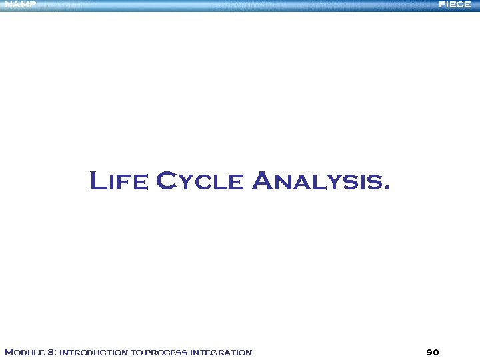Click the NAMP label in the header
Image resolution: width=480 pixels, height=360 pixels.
pyautogui.click(x=20, y=5)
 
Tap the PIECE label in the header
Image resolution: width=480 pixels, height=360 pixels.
pyautogui.click(x=455, y=5)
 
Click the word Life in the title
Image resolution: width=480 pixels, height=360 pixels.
pyautogui.click(x=119, y=181)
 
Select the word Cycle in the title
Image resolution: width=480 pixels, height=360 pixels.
pyautogui.click(x=200, y=181)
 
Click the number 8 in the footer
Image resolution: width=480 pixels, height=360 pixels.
pyautogui.click(x=52, y=352)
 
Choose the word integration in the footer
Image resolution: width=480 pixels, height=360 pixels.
pyautogui.click(x=221, y=352)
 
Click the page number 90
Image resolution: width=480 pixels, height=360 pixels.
pyautogui.click(x=432, y=352)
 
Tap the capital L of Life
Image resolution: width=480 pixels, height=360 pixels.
pyautogui.click(x=97, y=181)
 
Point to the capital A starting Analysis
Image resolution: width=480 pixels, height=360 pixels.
pyautogui.click(x=264, y=181)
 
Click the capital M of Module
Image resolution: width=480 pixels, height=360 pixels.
pyautogui.click(x=9, y=352)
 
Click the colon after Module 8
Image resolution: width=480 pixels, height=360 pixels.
pyautogui.click(x=57, y=353)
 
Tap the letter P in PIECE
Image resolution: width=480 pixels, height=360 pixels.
pyautogui.click(x=442, y=5)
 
